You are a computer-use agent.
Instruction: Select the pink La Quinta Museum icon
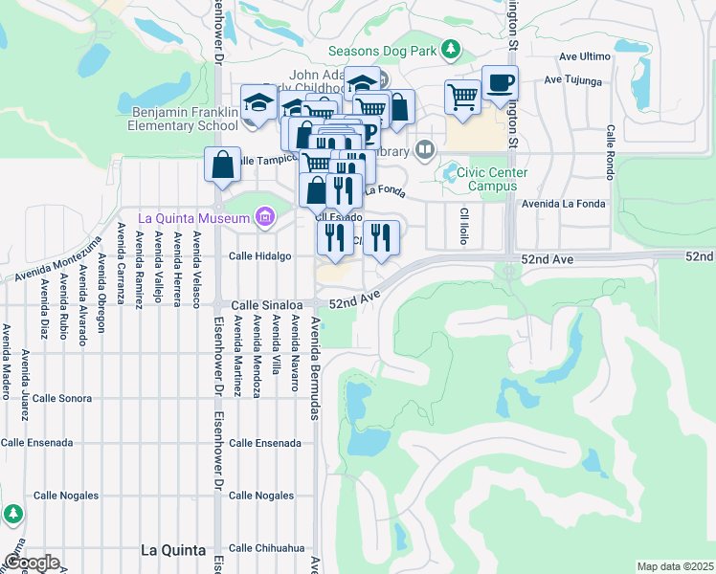(264, 218)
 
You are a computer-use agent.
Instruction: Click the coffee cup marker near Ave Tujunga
(499, 84)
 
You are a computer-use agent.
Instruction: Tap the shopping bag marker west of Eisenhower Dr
(223, 165)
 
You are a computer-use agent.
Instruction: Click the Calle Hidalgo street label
(259, 256)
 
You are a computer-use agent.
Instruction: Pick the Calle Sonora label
(61, 397)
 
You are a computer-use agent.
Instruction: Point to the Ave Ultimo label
(584, 56)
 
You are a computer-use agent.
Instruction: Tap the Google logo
(32, 563)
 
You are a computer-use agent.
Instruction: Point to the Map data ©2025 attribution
(674, 566)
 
